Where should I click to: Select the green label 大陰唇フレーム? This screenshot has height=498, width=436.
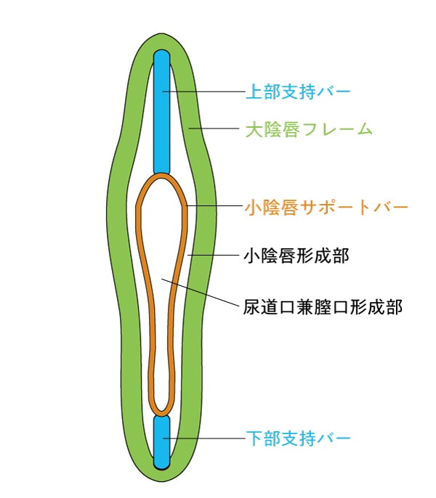(309, 130)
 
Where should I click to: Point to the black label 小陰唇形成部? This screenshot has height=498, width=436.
(298, 256)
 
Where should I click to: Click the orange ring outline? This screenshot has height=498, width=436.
(145, 290)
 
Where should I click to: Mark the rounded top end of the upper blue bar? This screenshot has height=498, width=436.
(161, 55)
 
